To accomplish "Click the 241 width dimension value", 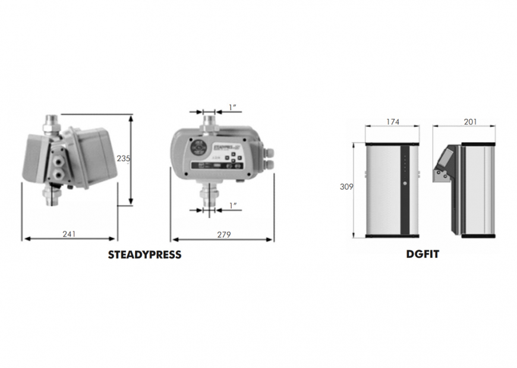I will (x=69, y=234).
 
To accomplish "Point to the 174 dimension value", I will (x=393, y=122).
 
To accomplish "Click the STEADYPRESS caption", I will (x=144, y=254).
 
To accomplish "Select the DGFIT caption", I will (x=423, y=253).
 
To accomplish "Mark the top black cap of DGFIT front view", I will (x=392, y=144).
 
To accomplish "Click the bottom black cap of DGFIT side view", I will (x=477, y=236).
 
